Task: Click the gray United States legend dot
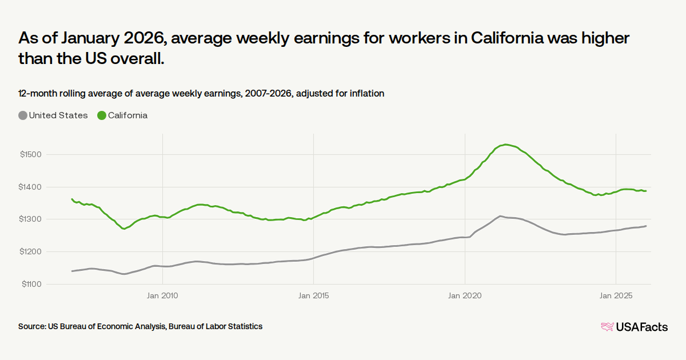23,115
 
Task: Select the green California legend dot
102,115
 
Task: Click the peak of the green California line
506,145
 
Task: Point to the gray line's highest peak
500,216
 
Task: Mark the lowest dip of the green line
124,229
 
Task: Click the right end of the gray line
646,226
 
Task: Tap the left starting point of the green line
72,199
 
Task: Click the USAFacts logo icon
607,327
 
